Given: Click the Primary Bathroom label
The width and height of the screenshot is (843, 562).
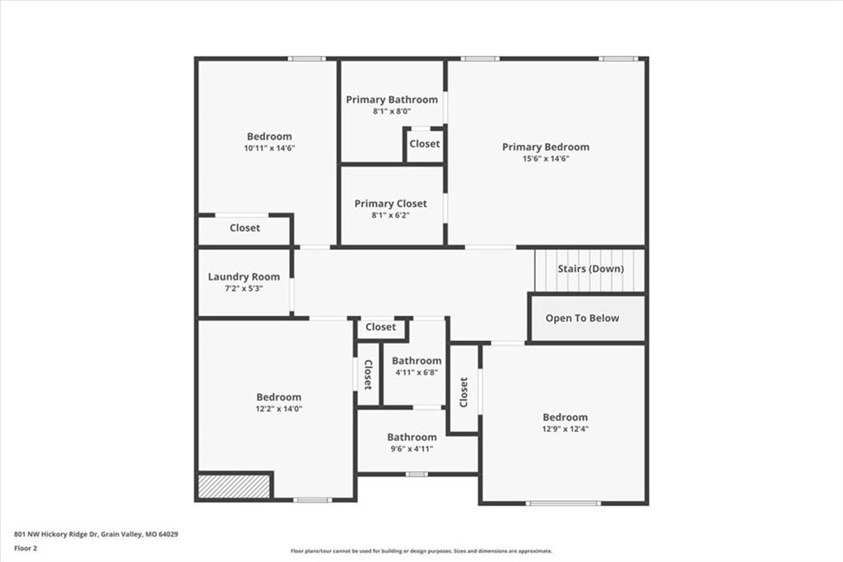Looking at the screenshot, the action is [x=392, y=100].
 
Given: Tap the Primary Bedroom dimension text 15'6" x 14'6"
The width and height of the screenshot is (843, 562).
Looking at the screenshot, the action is [x=546, y=159].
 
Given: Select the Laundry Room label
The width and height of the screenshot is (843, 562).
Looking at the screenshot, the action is [x=244, y=277].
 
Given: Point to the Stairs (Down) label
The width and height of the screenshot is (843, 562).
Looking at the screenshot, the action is [x=591, y=269].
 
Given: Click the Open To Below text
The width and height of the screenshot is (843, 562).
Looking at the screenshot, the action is [x=582, y=318].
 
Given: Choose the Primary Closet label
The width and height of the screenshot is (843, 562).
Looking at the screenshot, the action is [x=391, y=204].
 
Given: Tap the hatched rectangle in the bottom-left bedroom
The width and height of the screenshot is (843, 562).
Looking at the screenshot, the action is [x=234, y=486].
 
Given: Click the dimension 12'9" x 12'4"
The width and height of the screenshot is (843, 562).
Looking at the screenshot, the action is [x=565, y=429].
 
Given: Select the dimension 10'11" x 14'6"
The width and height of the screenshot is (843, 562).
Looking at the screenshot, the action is [x=269, y=148].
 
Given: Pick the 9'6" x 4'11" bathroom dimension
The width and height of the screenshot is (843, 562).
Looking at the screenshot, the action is [x=412, y=449].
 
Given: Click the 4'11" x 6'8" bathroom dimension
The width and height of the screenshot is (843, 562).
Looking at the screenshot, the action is [x=417, y=372].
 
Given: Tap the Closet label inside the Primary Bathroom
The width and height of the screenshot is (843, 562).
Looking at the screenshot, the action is [x=425, y=143].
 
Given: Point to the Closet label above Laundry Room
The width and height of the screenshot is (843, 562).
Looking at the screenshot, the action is [x=245, y=227].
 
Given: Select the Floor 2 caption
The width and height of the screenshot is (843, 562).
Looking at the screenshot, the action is [x=26, y=549].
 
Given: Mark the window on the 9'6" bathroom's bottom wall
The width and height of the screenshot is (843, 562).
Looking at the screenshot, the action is [x=417, y=475].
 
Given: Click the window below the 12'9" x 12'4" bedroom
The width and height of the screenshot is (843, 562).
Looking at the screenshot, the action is [x=563, y=503].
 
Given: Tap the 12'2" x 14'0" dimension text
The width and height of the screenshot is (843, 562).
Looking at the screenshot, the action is [x=279, y=409].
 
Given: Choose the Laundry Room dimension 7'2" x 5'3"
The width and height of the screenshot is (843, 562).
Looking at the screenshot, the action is [x=244, y=288].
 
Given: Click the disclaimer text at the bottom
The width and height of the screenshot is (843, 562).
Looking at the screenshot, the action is [x=421, y=551].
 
